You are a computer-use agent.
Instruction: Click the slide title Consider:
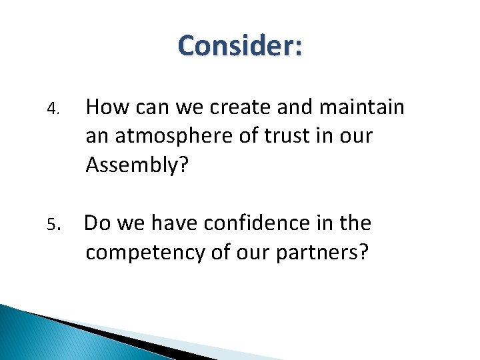pos(240,46)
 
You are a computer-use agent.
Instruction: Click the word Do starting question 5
pos(97,223)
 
